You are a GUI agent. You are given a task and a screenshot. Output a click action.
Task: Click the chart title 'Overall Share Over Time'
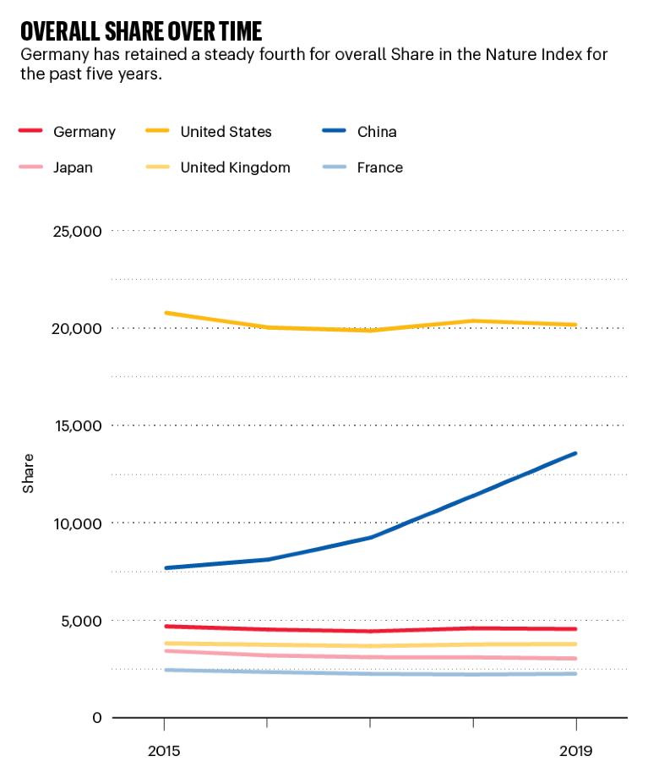click(x=141, y=31)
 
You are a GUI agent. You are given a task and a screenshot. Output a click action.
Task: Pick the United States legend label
click(x=226, y=132)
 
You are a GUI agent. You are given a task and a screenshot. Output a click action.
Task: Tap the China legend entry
click(x=376, y=132)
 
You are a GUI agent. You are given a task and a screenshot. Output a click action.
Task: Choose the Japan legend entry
click(x=73, y=167)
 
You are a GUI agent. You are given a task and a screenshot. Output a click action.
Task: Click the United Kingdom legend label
click(x=235, y=167)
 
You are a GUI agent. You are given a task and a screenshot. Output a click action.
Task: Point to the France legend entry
click(x=379, y=167)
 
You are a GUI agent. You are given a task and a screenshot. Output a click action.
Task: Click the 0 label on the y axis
click(x=96, y=718)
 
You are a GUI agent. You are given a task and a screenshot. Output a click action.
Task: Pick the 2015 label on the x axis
click(x=164, y=750)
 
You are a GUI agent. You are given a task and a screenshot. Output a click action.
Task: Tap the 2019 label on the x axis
click(x=575, y=750)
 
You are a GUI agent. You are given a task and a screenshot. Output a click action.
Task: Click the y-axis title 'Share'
click(x=29, y=474)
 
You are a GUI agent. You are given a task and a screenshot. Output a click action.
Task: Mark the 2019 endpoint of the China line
click(x=575, y=453)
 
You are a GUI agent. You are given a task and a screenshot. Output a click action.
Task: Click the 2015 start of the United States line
click(x=165, y=313)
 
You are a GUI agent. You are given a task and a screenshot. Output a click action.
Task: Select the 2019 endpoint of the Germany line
click(x=575, y=629)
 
